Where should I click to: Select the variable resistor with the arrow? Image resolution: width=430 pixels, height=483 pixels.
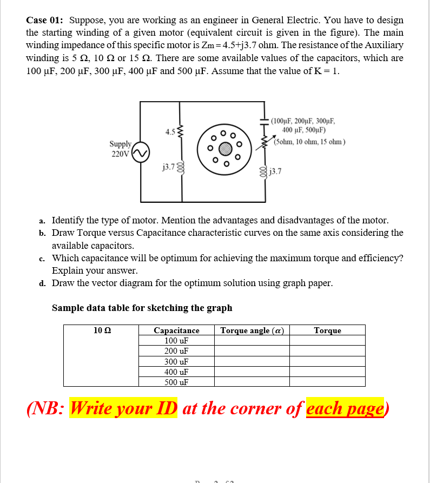tap(266, 142)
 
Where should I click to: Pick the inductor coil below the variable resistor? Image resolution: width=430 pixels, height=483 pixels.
tap(265, 171)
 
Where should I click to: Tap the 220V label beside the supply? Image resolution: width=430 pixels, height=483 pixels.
tap(120, 154)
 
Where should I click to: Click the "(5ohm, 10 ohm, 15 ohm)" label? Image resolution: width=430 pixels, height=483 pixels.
tap(309, 142)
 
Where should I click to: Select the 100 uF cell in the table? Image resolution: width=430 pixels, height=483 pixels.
tap(176, 341)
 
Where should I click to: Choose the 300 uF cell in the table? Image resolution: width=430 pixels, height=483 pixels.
tap(176, 361)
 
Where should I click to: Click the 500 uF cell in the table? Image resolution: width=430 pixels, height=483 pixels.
tap(176, 382)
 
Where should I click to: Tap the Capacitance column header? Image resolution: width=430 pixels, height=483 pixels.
tap(176, 330)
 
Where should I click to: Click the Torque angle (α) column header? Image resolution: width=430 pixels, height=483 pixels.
tap(252, 330)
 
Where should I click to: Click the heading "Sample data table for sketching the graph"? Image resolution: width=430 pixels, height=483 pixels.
tap(142, 308)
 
